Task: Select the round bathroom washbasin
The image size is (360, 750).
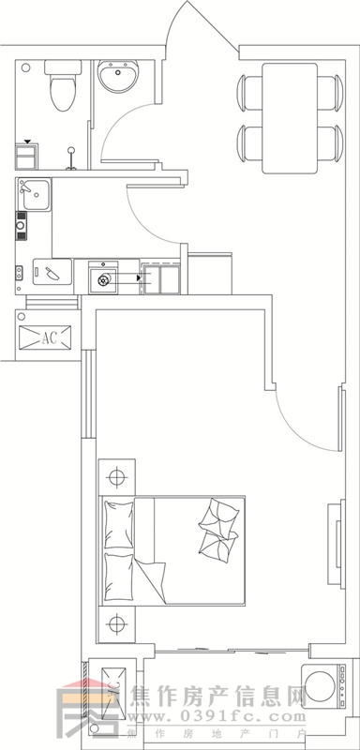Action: (118, 77)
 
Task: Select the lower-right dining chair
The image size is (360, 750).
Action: (326, 142)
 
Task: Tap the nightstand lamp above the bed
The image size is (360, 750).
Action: (116, 477)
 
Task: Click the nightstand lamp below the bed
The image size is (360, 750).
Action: (116, 623)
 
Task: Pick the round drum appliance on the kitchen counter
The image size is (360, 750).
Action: (103, 278)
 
